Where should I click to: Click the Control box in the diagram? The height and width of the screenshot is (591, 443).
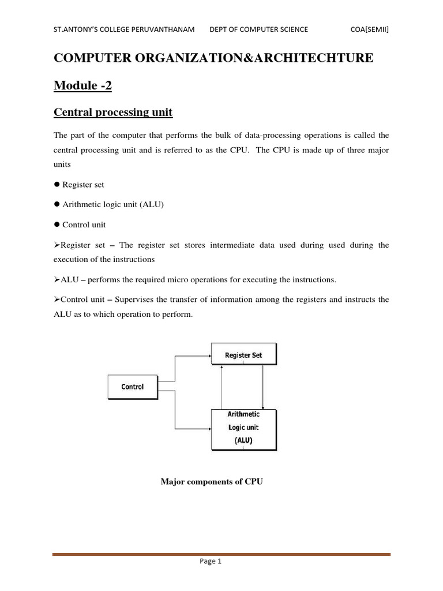(x=133, y=387)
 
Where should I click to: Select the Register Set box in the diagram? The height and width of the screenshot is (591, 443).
(x=243, y=355)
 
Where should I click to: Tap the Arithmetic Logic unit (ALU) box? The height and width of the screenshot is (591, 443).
(x=243, y=428)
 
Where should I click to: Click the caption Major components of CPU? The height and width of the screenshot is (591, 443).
(x=212, y=481)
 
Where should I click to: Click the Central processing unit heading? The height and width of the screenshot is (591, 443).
(x=113, y=112)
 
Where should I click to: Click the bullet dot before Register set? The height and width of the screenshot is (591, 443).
(x=57, y=185)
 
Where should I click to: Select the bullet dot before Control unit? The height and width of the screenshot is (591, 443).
(x=57, y=225)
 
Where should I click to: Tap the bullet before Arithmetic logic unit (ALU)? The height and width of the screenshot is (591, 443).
(x=57, y=204)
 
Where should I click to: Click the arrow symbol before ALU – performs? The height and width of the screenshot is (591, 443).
(x=57, y=279)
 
